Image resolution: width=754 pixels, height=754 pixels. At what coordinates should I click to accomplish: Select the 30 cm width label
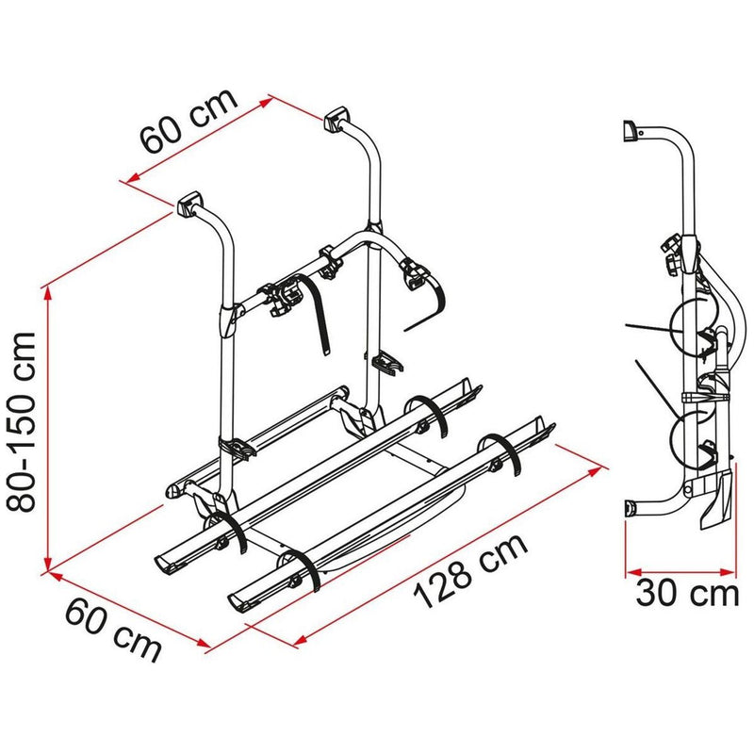click(x=685, y=594)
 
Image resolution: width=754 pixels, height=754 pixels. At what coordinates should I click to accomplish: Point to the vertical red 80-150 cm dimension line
click(x=47, y=424)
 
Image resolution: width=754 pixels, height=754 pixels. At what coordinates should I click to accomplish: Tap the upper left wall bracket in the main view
click(x=188, y=203)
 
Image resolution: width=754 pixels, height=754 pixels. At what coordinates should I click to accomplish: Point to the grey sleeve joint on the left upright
click(x=226, y=320)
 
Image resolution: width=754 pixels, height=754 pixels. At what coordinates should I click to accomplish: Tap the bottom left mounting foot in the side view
click(x=631, y=510)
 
